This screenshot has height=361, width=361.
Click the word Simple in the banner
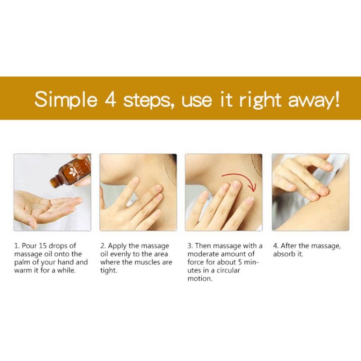[x=66, y=100]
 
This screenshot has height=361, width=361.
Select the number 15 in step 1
[x=42, y=246]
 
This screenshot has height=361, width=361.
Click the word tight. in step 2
[x=108, y=270]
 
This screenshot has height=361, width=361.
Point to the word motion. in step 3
[x=199, y=278]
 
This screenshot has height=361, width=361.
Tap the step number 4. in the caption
[x=276, y=246]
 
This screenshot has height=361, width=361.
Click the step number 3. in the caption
[x=190, y=246]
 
